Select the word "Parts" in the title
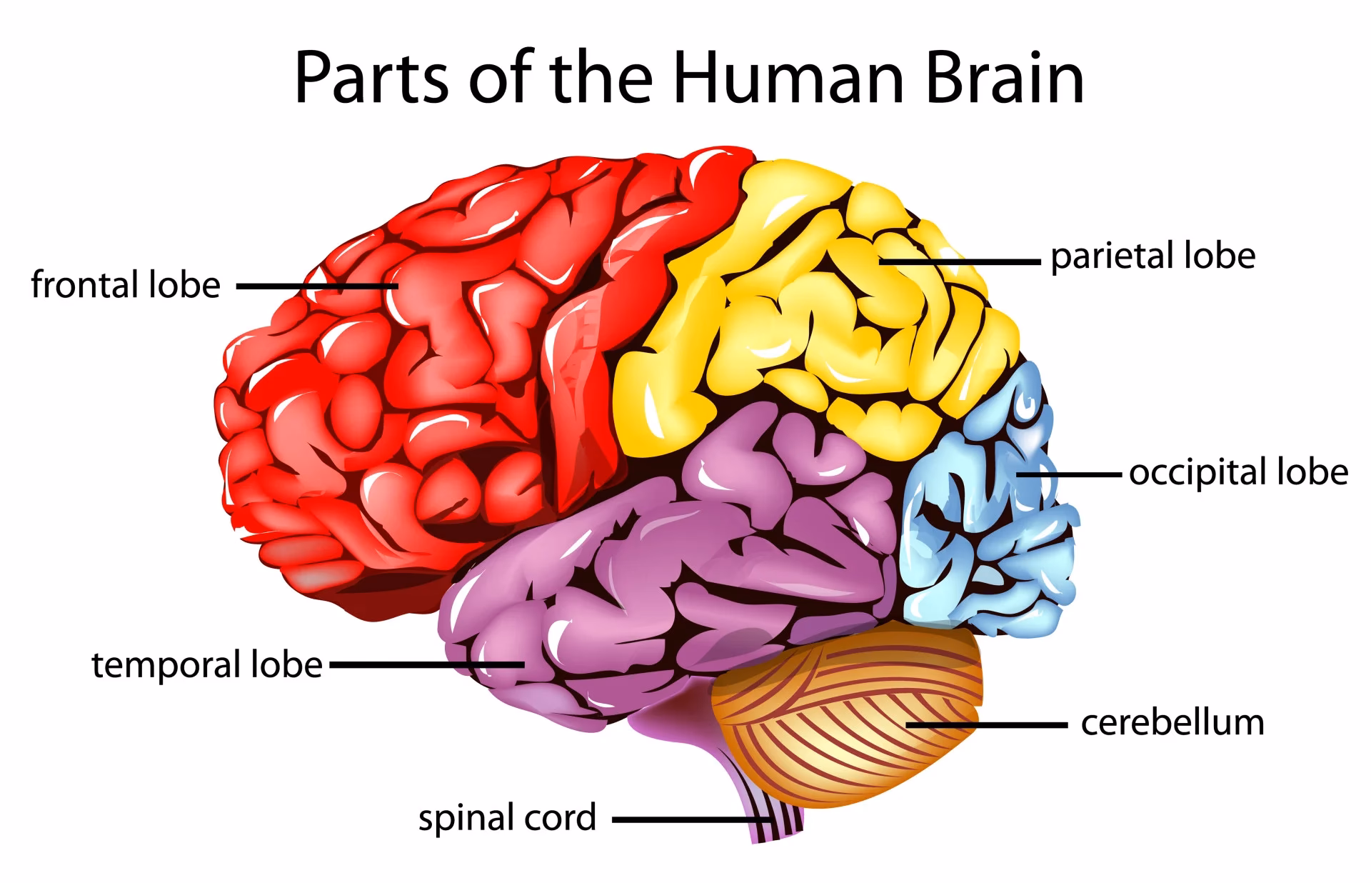[x=371, y=79]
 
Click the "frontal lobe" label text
[x=126, y=285]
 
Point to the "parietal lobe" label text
[x=1152, y=256]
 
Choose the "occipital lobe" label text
[x=1238, y=473]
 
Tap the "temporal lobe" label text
[x=207, y=665]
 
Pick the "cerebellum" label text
[x=1172, y=723]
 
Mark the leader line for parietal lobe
[x=960, y=262]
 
